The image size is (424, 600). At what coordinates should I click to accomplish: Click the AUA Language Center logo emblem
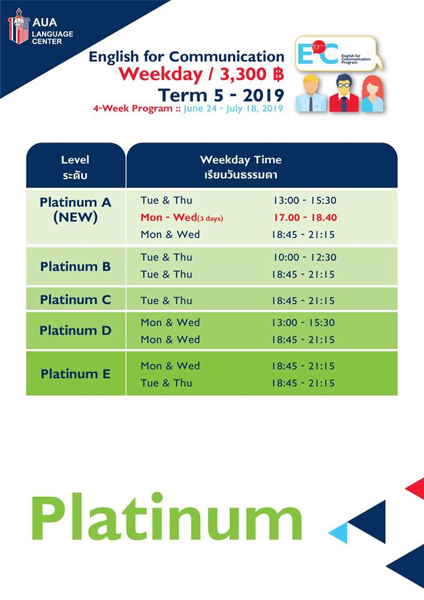click(x=18, y=26)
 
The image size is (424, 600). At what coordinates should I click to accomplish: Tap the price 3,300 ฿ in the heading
click(x=252, y=74)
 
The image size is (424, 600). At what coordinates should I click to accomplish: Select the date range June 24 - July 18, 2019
click(x=233, y=108)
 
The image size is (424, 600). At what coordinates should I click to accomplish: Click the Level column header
click(x=75, y=167)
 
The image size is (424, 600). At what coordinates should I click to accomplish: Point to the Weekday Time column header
click(x=241, y=167)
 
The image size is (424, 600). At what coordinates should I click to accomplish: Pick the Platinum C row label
click(x=76, y=299)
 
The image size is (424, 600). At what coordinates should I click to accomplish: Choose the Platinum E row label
click(x=76, y=374)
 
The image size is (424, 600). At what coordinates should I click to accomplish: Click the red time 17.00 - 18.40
click(x=305, y=217)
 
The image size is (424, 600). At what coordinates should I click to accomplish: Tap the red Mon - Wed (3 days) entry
click(x=182, y=217)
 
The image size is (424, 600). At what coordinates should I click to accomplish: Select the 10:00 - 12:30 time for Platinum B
click(x=305, y=257)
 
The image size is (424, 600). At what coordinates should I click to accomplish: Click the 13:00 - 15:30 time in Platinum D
click(x=303, y=322)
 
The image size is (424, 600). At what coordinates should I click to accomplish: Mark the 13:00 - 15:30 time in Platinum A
click(x=305, y=201)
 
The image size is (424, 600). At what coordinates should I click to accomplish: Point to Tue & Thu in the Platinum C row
click(x=166, y=301)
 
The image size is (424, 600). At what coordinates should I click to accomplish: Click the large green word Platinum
click(x=167, y=517)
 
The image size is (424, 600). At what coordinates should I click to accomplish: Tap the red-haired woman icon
click(x=372, y=94)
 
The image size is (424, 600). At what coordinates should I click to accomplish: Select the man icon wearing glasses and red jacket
click(x=343, y=93)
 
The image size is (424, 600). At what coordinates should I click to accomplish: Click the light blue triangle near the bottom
click(x=340, y=532)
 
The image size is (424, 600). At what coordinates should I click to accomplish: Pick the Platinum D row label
click(x=76, y=330)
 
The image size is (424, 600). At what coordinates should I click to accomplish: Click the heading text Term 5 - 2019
click(x=221, y=95)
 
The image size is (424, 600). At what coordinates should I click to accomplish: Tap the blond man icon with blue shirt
click(x=312, y=94)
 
